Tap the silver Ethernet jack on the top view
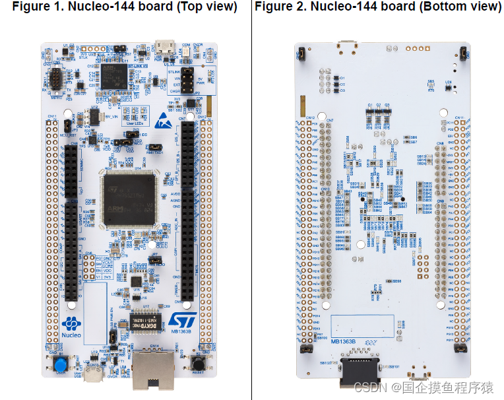click(153, 369)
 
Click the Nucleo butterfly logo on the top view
click(71, 324)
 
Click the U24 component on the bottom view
click(448, 84)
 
